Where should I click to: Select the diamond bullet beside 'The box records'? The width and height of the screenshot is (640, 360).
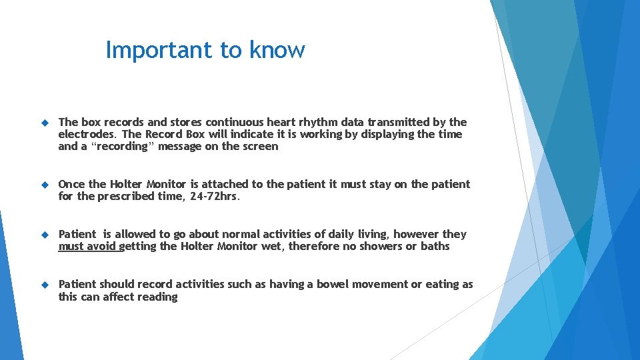coord(45,123)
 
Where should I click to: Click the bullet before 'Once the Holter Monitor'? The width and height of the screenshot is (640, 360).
coord(45,185)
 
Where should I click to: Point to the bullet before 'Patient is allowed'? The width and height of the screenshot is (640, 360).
coord(45,235)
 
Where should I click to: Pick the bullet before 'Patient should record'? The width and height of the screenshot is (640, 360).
coord(45,285)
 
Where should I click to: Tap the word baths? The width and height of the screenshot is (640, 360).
coord(435,247)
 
